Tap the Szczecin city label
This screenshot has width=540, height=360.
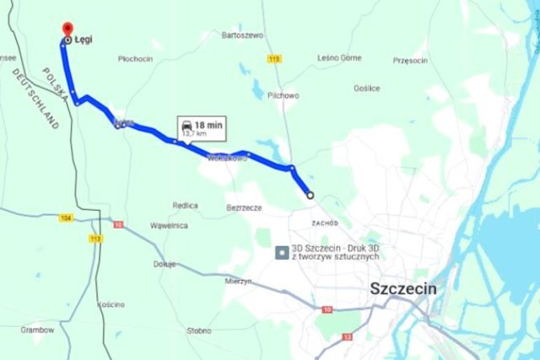click(x=403, y=289)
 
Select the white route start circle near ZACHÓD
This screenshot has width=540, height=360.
click(x=310, y=196)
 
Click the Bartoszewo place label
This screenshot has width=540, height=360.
click(x=242, y=35)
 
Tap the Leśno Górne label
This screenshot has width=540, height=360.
click(x=338, y=58)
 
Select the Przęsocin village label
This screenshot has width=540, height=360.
click(x=412, y=61)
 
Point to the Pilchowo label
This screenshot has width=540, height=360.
click(x=282, y=95)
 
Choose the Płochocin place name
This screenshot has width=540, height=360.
click(x=135, y=59)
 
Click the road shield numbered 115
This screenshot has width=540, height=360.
click(x=272, y=59)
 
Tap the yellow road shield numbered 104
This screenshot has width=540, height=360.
click(x=67, y=218)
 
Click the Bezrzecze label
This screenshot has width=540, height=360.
click(x=245, y=207)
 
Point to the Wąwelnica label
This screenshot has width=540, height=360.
click(x=168, y=226)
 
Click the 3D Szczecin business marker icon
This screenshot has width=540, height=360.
click(x=281, y=251)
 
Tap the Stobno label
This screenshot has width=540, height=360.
click(x=199, y=330)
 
